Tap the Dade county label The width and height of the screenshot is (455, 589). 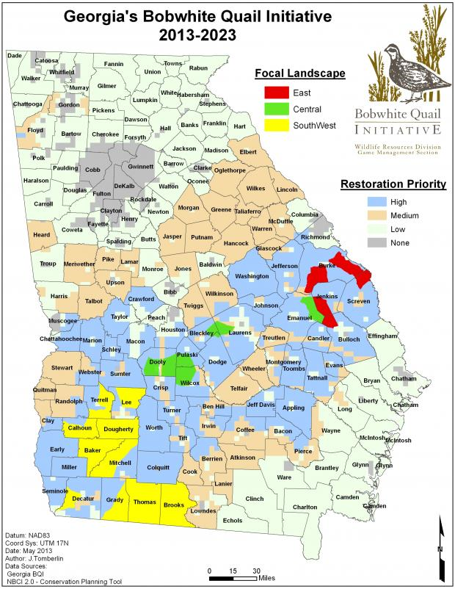coord(14,55)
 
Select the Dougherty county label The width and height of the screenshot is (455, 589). coord(118,429)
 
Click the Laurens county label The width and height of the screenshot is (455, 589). coord(240,333)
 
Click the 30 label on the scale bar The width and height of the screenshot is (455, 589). coord(257,571)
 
